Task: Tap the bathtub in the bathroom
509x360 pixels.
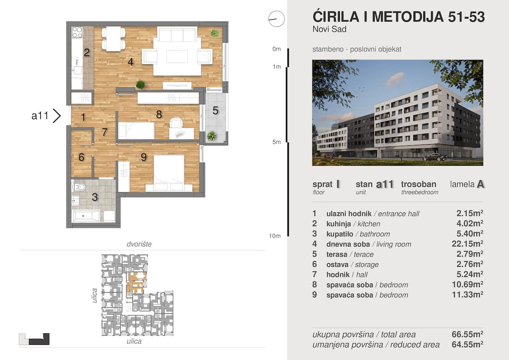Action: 85,216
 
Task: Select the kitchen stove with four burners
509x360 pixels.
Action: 77,32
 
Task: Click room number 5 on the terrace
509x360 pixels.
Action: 215,111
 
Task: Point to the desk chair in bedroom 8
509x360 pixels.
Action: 176,123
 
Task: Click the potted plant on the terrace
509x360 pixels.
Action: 211,136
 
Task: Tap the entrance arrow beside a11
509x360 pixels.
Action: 57,116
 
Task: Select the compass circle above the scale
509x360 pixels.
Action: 276,19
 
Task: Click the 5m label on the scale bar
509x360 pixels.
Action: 276,142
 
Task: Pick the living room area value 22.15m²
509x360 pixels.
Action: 467,244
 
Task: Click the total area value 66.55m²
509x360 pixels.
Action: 467,334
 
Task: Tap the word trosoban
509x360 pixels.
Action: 419,184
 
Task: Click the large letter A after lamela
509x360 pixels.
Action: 480,184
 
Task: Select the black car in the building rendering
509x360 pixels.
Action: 435,157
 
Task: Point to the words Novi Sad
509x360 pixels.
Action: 330,29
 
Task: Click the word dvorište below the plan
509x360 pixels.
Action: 139,244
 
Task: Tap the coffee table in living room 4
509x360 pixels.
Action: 177,56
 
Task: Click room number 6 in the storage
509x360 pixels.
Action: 81,157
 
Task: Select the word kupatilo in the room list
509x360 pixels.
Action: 340,234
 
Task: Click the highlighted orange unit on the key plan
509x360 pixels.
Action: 136,282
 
